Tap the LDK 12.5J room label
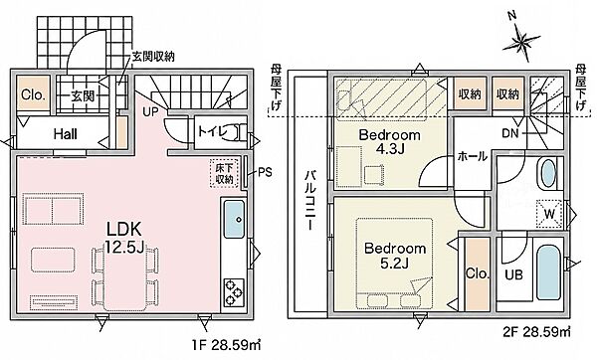(x=124, y=239)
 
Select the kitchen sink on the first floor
(x=234, y=219)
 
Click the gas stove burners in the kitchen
(x=234, y=292)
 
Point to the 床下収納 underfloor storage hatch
(x=224, y=173)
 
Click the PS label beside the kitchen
(x=266, y=172)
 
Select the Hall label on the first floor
(x=65, y=134)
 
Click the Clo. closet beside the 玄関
(x=34, y=94)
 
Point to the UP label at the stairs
(x=151, y=112)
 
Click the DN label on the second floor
(x=510, y=133)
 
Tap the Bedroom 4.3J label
(x=389, y=141)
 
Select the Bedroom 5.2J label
(x=395, y=256)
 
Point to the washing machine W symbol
(x=549, y=214)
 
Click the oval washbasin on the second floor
(x=548, y=173)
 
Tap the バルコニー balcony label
(x=311, y=200)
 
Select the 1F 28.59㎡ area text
(x=226, y=345)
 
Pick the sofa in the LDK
(x=53, y=209)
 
